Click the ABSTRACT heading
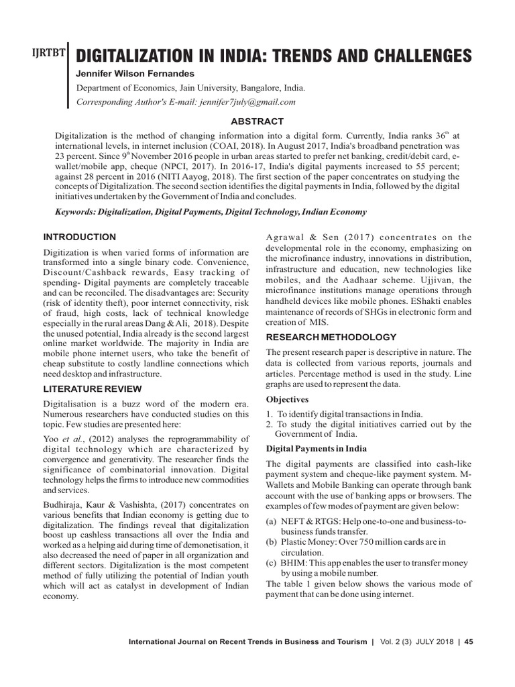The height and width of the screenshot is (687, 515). (257, 121)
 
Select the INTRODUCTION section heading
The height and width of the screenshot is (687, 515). (79, 237)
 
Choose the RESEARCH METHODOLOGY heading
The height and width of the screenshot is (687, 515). (331, 337)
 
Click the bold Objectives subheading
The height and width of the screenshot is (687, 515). (288, 399)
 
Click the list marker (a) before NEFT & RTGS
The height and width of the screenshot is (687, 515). (272, 522)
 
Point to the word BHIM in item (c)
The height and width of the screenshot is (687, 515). (293, 564)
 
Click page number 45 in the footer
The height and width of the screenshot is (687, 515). (469, 641)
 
